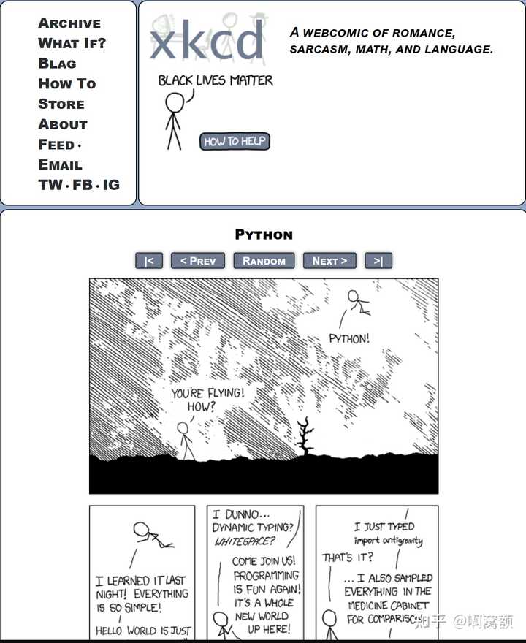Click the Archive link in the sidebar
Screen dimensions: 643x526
[x=69, y=23]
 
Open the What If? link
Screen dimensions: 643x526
[x=72, y=43]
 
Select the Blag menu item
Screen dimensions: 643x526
[x=57, y=64]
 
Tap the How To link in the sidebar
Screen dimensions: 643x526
[x=66, y=84]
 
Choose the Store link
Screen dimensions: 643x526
[x=61, y=104]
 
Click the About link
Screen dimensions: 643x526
[x=63, y=124]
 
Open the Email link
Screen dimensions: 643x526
[x=60, y=165]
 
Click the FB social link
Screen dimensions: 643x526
[x=83, y=185]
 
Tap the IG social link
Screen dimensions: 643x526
[x=111, y=185]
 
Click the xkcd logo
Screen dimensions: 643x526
[x=206, y=40]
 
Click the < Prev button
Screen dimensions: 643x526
[x=198, y=261]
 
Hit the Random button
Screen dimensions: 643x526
[x=264, y=261]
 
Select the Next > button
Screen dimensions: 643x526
[x=329, y=261]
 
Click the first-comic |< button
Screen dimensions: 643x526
[x=149, y=261]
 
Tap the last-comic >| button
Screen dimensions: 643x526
[x=378, y=261]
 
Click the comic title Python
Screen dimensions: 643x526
[x=264, y=235]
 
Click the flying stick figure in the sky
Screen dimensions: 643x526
[x=357, y=302]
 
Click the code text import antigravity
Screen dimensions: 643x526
[x=388, y=541]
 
